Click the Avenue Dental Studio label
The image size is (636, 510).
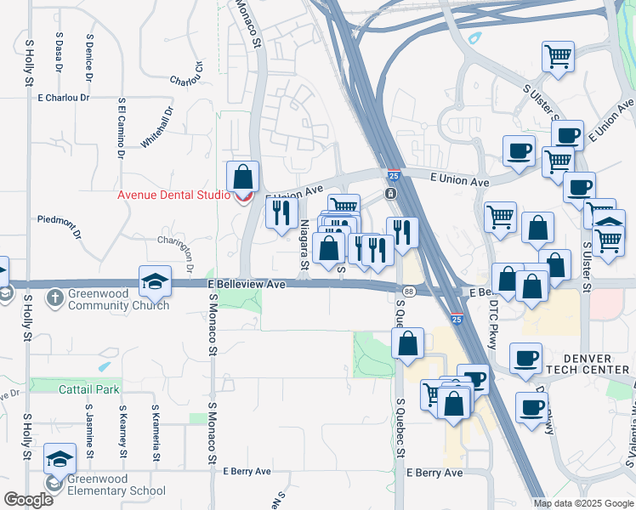173,195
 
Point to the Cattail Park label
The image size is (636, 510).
89,389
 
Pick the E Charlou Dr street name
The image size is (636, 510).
64,98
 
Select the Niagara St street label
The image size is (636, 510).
304,245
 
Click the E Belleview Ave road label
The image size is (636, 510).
246,285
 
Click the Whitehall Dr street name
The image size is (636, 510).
156,127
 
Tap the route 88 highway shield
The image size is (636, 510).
409,292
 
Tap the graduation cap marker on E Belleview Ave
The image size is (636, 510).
156,281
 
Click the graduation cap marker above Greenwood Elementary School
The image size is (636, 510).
60,460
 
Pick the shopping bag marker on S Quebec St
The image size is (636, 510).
408,344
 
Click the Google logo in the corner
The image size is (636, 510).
28,500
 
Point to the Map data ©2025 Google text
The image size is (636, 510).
583,503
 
